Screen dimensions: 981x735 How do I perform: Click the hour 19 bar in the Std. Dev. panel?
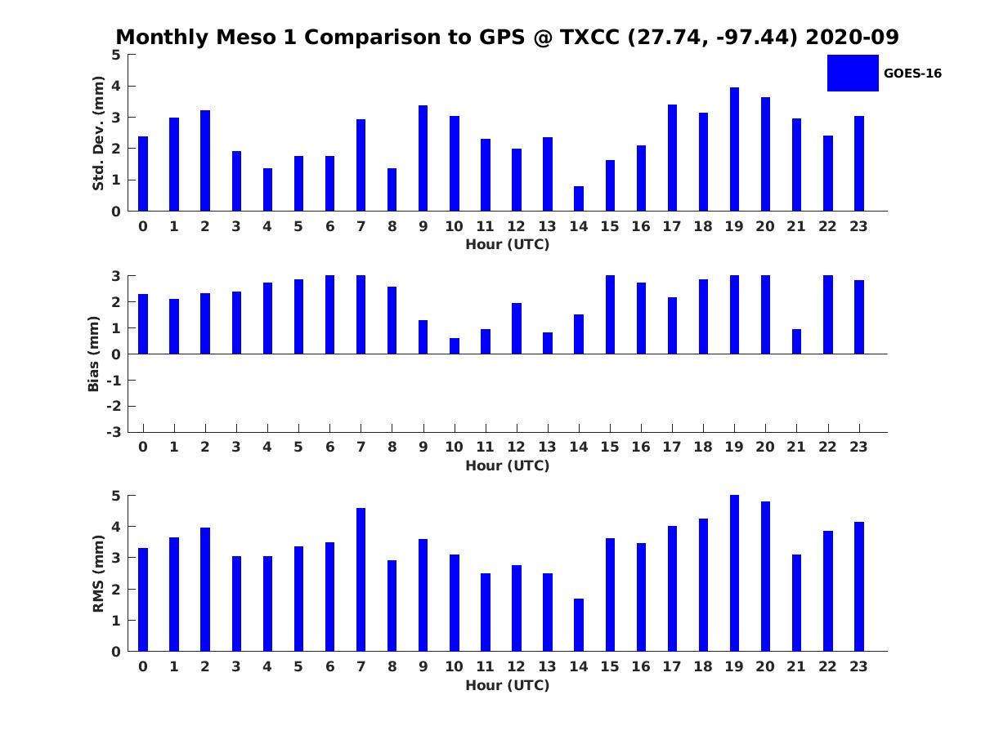point(734,149)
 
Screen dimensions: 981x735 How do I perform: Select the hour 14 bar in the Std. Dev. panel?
point(578,198)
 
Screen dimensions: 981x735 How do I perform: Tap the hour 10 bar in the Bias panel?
point(454,345)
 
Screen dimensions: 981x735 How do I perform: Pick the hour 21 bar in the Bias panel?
point(796,341)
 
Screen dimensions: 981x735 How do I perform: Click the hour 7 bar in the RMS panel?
point(361,579)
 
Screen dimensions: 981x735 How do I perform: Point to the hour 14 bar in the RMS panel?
point(578,625)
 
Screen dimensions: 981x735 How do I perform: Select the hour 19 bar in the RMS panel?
point(734,573)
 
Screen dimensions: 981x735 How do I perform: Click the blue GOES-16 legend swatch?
point(853,73)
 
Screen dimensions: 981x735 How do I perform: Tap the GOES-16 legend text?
point(912,73)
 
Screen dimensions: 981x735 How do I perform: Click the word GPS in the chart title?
point(502,37)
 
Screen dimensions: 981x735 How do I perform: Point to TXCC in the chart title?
point(589,37)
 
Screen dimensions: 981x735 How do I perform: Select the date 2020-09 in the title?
point(852,37)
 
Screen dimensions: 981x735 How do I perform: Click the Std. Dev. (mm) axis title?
point(98,133)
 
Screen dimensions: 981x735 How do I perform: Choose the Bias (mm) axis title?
point(93,354)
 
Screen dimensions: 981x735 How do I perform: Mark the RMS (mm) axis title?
point(98,573)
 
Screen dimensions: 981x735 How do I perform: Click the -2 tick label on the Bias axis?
point(114,406)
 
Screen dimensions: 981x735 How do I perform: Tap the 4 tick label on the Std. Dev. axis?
point(116,86)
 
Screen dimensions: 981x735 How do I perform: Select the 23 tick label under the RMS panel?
point(858,666)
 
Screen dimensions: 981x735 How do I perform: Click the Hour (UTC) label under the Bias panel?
point(508,465)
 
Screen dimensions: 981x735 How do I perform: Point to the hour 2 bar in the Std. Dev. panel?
point(205,161)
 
